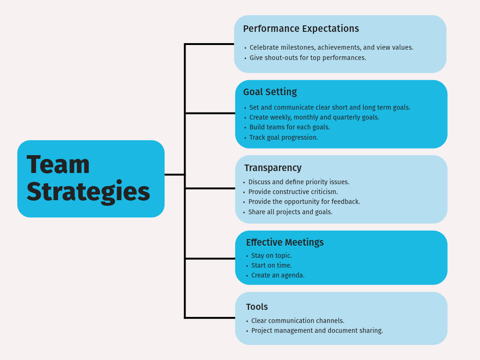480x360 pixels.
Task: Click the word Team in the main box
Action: pos(58,165)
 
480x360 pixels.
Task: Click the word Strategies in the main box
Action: pos(88,192)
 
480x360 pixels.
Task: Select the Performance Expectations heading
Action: pos(301,29)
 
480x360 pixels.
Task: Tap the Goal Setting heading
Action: pos(270,92)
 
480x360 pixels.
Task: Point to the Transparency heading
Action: pos(273,168)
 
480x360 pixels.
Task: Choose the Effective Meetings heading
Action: pos(285,242)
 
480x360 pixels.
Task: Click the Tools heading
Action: pos(257,307)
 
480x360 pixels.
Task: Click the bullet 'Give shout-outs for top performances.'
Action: pos(307,58)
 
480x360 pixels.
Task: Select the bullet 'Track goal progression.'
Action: pos(284,137)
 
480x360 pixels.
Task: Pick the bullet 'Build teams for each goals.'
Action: pos(290,127)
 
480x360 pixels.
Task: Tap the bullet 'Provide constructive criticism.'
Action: pos(293,192)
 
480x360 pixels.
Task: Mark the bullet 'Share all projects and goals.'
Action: pos(290,212)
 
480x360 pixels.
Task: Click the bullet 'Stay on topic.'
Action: pos(271,255)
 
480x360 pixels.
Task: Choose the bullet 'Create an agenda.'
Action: pos(278,275)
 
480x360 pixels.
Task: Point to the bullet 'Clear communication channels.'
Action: pos(298,321)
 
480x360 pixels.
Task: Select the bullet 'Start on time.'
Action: pos(271,265)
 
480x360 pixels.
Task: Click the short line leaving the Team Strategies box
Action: pos(174,174)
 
